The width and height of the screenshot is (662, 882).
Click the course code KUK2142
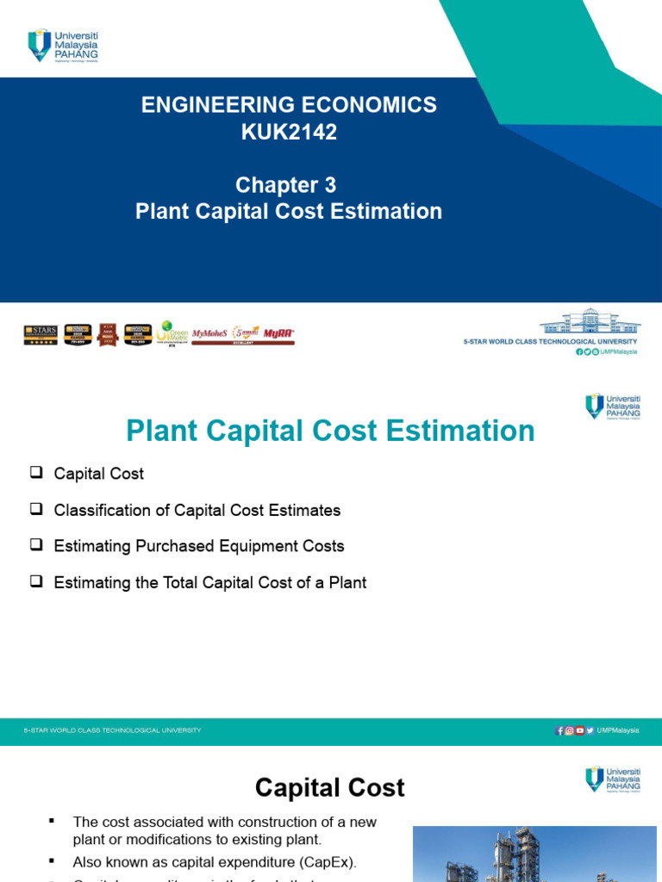(x=289, y=133)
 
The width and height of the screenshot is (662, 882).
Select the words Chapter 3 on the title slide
(x=287, y=185)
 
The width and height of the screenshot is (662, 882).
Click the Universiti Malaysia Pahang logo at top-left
(x=63, y=45)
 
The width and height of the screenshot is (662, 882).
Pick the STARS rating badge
(x=41, y=334)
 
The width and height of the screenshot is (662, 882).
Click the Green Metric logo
(x=171, y=333)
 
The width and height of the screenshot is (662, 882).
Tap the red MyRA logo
(x=278, y=332)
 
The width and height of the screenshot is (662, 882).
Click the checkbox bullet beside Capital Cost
(x=35, y=473)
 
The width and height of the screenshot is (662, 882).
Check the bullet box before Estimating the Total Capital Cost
(x=35, y=581)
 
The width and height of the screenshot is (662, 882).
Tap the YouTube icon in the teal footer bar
(x=579, y=730)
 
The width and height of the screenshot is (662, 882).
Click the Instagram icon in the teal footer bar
(x=570, y=730)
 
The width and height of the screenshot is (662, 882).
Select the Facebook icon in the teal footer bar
(x=560, y=730)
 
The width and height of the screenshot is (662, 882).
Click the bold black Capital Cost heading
(x=330, y=787)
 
